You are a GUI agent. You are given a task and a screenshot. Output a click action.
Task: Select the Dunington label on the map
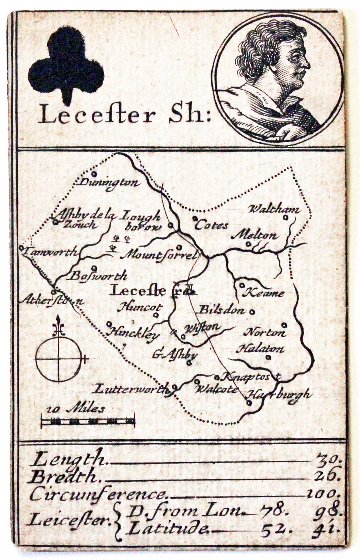point(109,183)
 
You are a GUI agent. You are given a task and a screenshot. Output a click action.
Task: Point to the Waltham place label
point(274,209)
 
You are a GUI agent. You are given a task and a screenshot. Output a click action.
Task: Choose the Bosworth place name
point(98,275)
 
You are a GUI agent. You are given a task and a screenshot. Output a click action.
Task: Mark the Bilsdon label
point(221,310)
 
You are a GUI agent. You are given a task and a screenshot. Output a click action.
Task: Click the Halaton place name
point(260,349)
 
